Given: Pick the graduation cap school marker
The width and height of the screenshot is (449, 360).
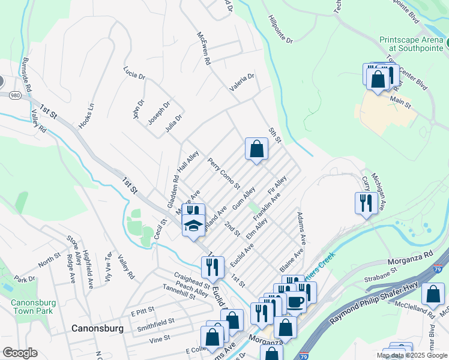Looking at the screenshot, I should (x=193, y=226).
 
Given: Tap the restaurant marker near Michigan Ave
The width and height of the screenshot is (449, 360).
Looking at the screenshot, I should (x=366, y=203).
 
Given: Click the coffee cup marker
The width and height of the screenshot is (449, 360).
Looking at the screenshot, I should (x=295, y=301).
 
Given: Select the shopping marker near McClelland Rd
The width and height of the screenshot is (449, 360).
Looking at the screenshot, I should (x=433, y=295).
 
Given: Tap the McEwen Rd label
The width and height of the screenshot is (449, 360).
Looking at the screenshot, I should (x=203, y=48).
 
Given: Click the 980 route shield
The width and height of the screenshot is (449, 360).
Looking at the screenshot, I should (x=15, y=94).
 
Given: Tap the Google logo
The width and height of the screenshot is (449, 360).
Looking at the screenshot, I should (x=20, y=353).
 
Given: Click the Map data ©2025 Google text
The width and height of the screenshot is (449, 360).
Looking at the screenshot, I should (x=411, y=355).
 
